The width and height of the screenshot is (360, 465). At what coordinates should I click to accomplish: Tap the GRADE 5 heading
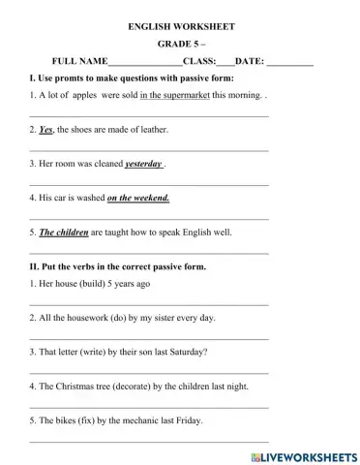click(179, 45)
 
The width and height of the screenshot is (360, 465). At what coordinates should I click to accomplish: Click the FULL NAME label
click(80, 60)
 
